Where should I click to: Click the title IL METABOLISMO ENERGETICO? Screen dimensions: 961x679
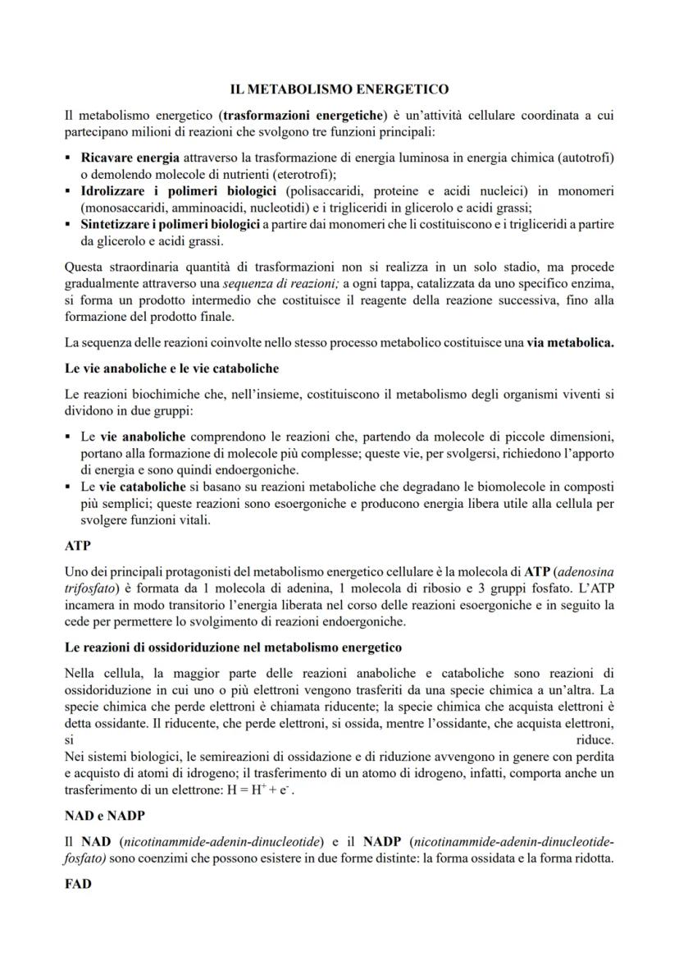(339, 89)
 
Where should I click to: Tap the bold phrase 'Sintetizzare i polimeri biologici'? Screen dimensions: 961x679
(171, 225)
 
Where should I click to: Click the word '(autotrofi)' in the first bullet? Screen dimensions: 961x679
(584, 157)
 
